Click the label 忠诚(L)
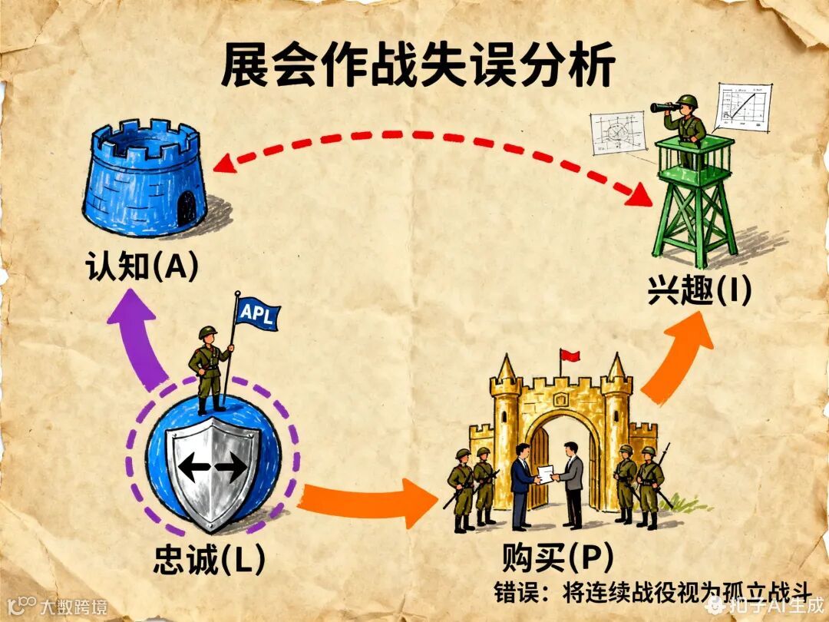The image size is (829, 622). click(x=208, y=561)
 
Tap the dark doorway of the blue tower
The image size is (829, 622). click(x=187, y=207)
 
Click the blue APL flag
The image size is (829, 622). click(x=258, y=313)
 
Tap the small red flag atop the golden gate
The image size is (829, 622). click(x=569, y=356)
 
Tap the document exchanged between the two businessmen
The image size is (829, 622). click(x=547, y=474)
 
